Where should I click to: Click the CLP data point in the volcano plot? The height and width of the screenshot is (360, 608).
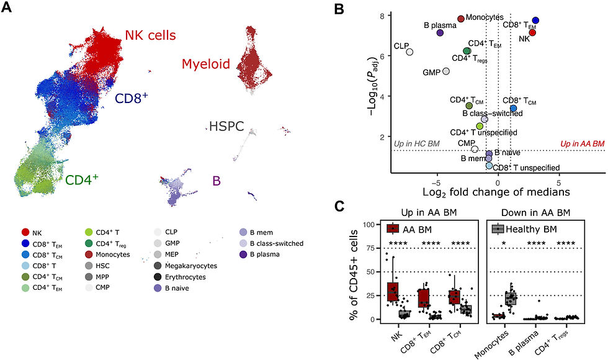click(x=409, y=52)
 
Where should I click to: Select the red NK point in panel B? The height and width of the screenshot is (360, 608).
click(x=532, y=32)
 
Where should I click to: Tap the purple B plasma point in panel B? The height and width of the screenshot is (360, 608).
click(x=439, y=33)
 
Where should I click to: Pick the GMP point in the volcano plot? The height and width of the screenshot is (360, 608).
click(x=445, y=71)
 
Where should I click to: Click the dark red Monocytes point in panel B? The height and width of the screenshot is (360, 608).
click(x=461, y=19)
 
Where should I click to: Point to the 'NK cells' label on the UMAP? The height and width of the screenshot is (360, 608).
click(x=150, y=35)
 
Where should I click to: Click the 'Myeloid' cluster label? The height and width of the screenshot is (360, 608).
click(x=206, y=63)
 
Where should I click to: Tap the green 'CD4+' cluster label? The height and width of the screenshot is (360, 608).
click(x=83, y=181)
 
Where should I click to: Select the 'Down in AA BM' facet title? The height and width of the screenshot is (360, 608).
click(x=536, y=213)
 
